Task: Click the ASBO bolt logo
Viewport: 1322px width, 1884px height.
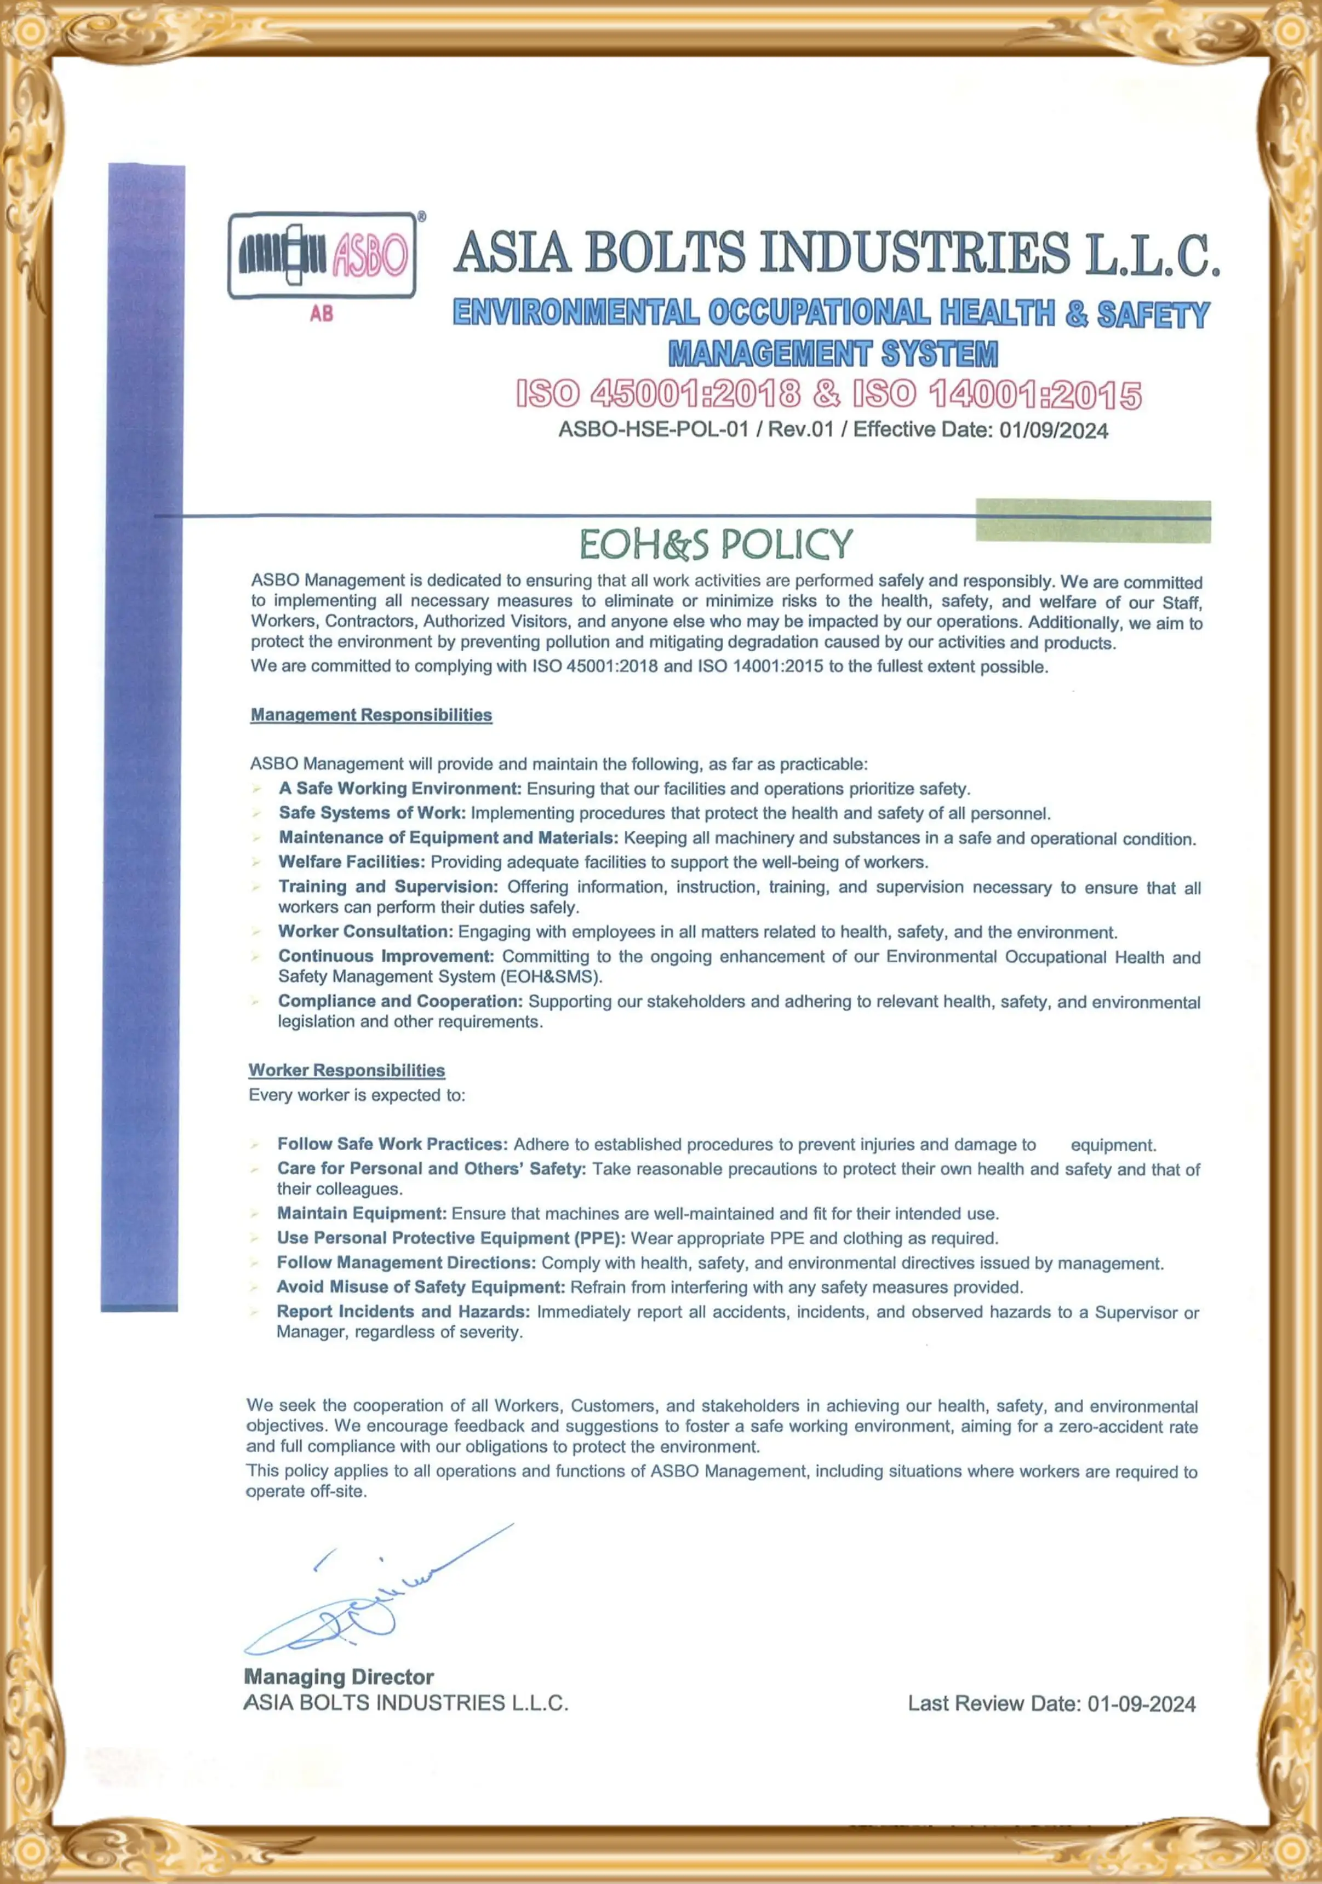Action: [322, 255]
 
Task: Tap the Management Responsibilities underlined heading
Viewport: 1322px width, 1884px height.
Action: [371, 715]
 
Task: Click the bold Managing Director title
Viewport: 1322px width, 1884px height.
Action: [339, 1676]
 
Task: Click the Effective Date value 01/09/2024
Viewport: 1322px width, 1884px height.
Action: [1053, 431]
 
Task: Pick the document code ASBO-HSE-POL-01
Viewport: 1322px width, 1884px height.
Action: [653, 429]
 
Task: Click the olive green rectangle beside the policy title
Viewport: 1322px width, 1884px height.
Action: [1093, 520]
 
